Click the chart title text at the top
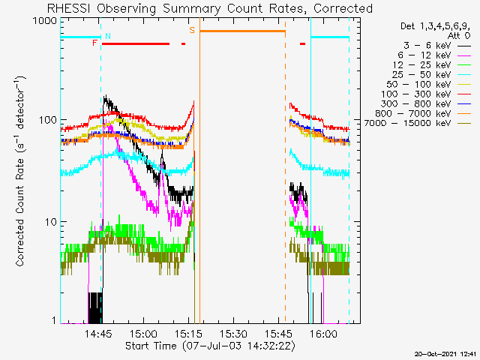[x=210, y=8]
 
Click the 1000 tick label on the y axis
[x=45, y=21]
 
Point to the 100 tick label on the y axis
[x=48, y=120]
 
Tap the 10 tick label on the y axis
[x=51, y=222]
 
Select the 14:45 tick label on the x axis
[x=98, y=333]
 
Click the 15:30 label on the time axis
[x=233, y=333]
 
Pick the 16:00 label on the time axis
[x=323, y=333]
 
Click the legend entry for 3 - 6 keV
[x=437, y=46]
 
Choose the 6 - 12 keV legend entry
[x=434, y=55]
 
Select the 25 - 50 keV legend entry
[x=432, y=75]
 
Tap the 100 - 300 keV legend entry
[x=426, y=94]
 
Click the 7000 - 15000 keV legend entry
[x=418, y=123]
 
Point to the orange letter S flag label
[x=192, y=30]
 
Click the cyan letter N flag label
[x=108, y=36]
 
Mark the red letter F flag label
[x=95, y=43]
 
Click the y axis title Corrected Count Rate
[x=20, y=172]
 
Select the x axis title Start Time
[x=210, y=346]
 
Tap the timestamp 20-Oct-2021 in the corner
[x=446, y=354]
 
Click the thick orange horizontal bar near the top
[x=243, y=31]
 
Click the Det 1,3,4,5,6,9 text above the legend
[x=435, y=26]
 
